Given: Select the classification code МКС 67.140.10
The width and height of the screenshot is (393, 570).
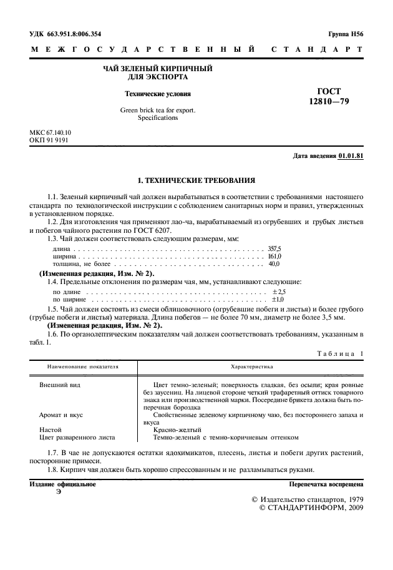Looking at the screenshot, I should point(51,133).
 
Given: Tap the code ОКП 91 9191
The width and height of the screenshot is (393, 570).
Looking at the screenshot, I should point(49,140).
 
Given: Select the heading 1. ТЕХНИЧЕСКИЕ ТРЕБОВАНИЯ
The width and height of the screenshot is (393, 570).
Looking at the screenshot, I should point(196,180).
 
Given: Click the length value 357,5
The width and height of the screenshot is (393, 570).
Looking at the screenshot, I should point(274,248).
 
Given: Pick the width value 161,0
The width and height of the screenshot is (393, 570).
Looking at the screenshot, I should point(274,256).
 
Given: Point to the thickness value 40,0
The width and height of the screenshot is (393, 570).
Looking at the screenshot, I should point(274,264).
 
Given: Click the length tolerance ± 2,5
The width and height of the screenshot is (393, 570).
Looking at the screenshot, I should point(279,292).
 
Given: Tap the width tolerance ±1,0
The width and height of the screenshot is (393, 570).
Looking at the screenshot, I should point(278,300).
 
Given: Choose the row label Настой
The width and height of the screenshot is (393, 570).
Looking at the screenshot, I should point(51,430).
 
